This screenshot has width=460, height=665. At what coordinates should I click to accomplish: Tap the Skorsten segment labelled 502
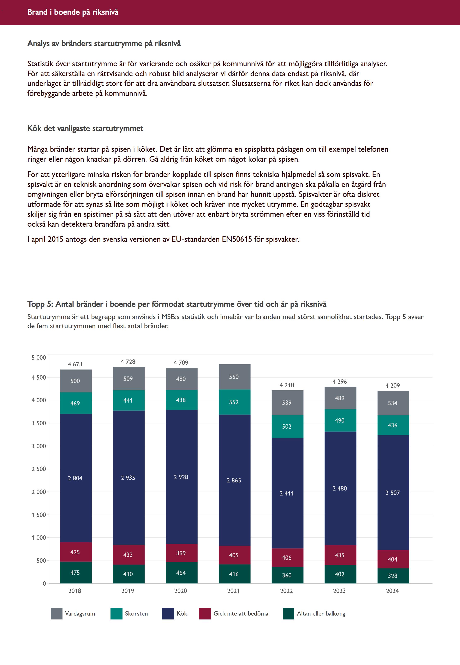point(287,426)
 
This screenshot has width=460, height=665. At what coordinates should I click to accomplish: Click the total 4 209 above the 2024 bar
point(393,385)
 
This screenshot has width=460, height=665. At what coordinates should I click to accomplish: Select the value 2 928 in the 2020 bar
point(181,477)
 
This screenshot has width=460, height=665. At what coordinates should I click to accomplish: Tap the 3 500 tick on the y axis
point(39,423)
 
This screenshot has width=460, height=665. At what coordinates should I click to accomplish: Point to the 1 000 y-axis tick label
point(39,538)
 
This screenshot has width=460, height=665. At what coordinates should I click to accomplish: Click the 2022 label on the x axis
point(286,591)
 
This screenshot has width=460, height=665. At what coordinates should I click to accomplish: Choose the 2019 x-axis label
point(128,591)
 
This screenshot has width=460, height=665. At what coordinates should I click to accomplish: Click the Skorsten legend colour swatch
point(117,613)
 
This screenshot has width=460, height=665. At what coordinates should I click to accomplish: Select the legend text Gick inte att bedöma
point(241,613)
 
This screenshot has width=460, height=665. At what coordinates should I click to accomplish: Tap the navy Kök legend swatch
point(168,613)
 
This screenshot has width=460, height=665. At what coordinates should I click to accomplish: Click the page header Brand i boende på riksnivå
point(73,12)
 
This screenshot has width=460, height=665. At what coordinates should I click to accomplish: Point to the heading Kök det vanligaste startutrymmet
point(85,128)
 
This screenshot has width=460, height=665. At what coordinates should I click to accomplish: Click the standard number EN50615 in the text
point(237,239)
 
